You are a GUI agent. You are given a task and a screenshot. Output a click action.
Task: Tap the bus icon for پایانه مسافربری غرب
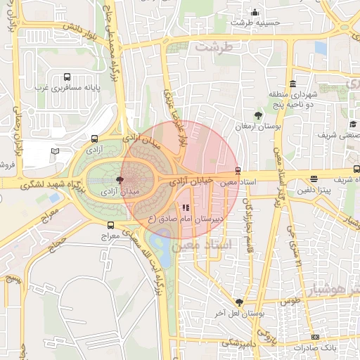[x=67, y=77]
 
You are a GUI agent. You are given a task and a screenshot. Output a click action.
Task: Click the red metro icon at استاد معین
[x=238, y=170]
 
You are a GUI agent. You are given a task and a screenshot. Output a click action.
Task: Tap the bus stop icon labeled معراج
[x=110, y=225]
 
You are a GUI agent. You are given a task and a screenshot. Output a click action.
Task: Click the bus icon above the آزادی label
[x=95, y=139]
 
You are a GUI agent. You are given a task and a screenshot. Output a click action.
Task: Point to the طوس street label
[x=289, y=301]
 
